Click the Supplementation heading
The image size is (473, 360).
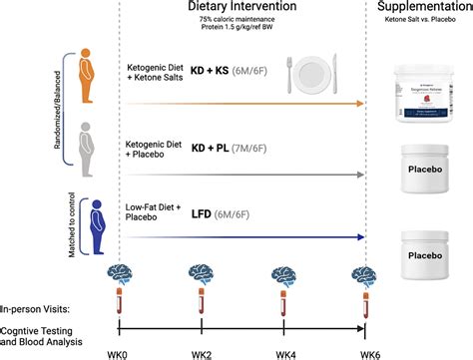coord(422,8)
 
